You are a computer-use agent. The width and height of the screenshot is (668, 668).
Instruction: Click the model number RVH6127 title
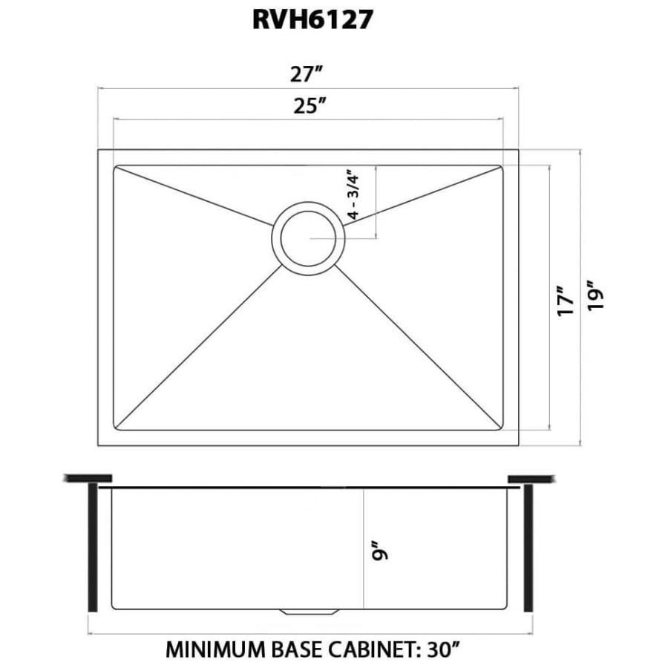pyautogui.click(x=312, y=20)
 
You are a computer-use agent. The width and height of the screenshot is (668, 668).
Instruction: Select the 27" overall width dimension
pyautogui.click(x=308, y=74)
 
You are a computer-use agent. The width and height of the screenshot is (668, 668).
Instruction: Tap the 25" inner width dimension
pyautogui.click(x=308, y=106)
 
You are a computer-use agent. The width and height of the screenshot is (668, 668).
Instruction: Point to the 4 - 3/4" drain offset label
pyautogui.click(x=354, y=195)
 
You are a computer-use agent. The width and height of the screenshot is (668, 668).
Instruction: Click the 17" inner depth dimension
pyautogui.click(x=566, y=301)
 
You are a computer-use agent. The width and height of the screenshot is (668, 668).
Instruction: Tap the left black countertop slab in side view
pyautogui.click(x=88, y=478)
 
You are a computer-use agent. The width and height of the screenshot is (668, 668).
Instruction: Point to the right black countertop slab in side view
pyautogui.click(x=531, y=478)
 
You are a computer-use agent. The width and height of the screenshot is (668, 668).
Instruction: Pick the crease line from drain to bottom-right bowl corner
pyautogui.click(x=423, y=349)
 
